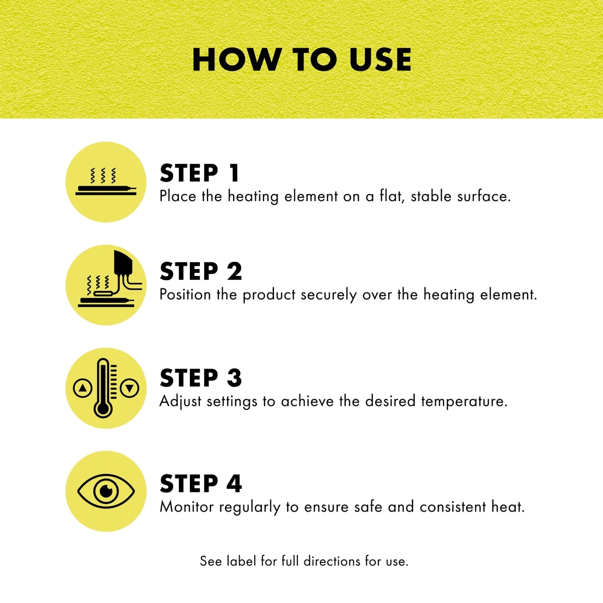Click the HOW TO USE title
coord(301,60)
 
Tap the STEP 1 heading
coord(199,173)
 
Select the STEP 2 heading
coord(200,271)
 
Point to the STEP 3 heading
coord(200,377)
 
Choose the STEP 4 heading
coord(200,483)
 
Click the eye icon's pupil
coord(107,491)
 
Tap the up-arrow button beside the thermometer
coord(82,388)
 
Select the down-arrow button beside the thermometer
coord(130,388)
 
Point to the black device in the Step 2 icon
coord(123,263)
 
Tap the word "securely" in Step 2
coord(329,295)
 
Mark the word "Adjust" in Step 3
coord(180,401)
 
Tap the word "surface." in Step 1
coord(484,196)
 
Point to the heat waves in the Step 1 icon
coord(103,175)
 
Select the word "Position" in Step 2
coord(185,294)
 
